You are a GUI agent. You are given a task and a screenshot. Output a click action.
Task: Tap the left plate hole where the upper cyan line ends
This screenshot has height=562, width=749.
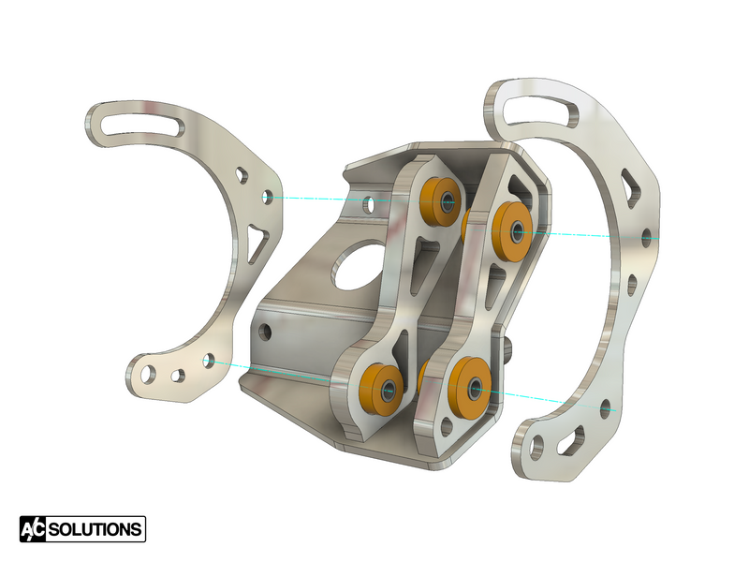267,197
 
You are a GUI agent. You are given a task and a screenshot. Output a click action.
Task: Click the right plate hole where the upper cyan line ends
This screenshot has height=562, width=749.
646,240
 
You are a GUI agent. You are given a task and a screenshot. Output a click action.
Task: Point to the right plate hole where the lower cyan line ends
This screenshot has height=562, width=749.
607,408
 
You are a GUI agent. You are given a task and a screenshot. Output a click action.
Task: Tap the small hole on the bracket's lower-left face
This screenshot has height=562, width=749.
267,331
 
